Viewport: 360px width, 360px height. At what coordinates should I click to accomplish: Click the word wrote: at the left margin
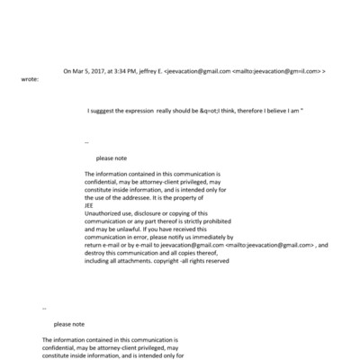point(30,78)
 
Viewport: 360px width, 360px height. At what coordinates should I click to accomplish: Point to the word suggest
point(103,110)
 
